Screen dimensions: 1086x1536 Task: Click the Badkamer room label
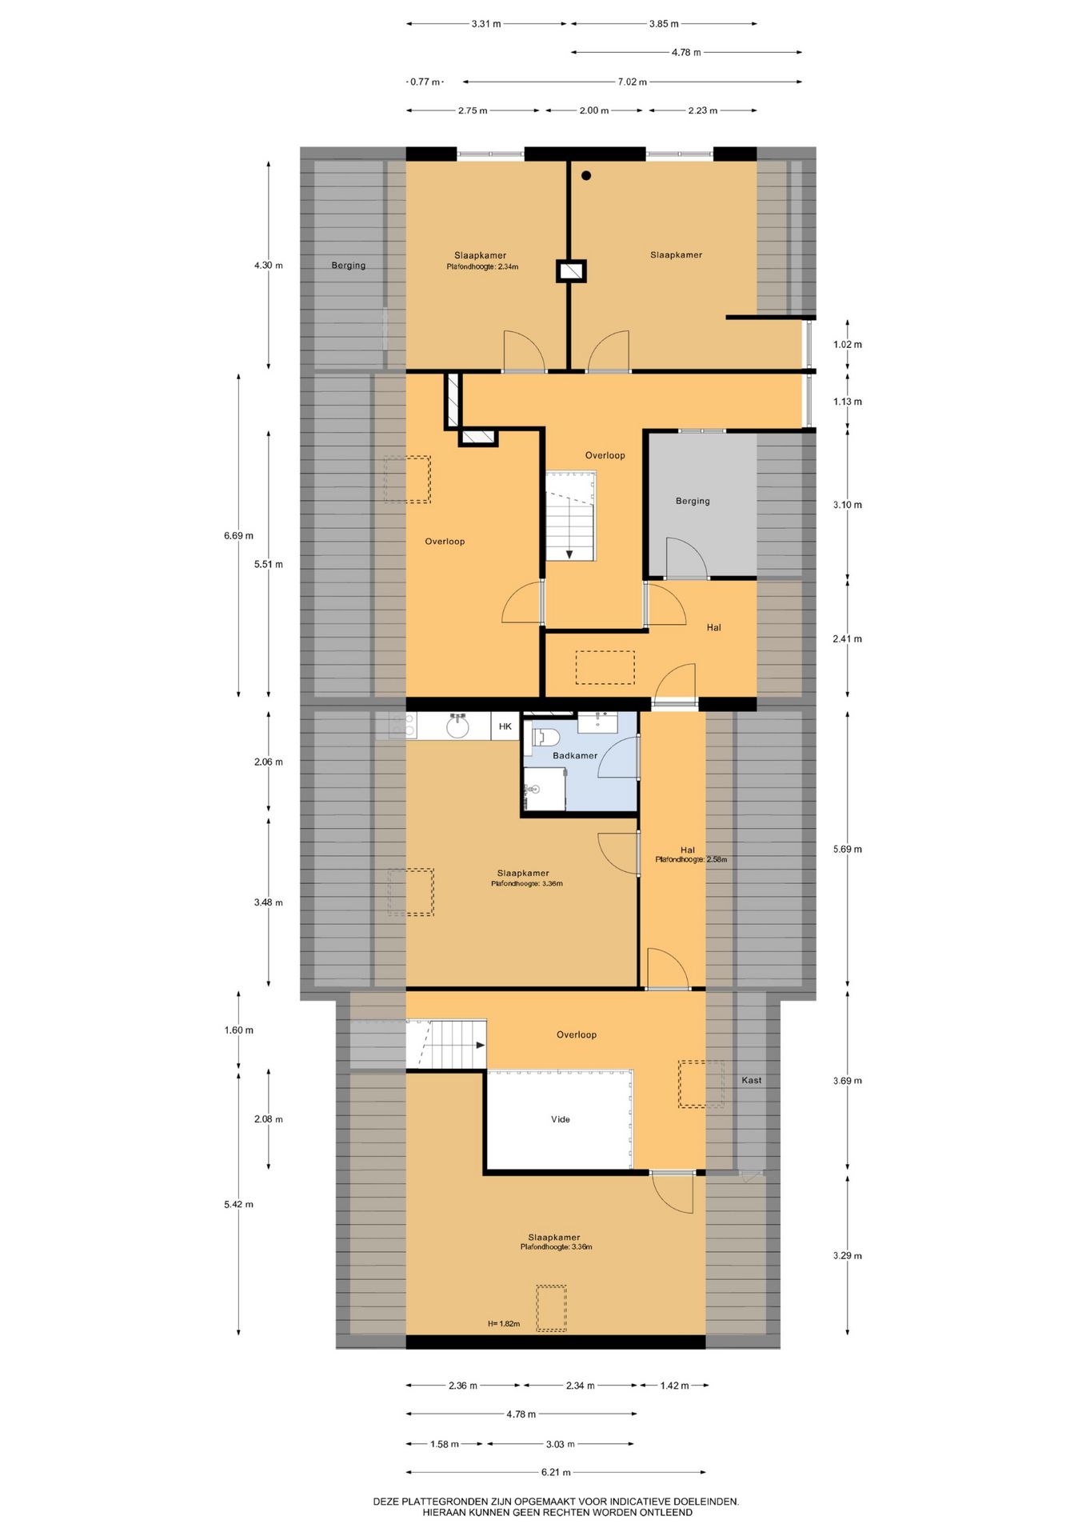(x=574, y=755)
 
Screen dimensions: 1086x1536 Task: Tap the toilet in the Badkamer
(x=544, y=737)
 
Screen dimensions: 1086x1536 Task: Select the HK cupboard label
(x=505, y=726)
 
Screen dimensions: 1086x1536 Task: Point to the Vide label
(x=560, y=1119)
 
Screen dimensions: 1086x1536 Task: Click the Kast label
(x=751, y=1080)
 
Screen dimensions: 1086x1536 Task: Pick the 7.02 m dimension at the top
(x=632, y=82)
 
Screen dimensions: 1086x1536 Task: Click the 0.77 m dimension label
(x=425, y=82)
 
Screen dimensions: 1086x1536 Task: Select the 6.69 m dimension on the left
(x=238, y=535)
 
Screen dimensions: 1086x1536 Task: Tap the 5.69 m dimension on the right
(x=847, y=849)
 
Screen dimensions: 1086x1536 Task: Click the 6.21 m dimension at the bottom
(x=556, y=1472)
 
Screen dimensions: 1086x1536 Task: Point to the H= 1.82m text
(x=504, y=1324)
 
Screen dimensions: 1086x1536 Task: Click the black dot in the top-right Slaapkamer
(x=586, y=175)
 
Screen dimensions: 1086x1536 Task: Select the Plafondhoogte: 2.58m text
(x=691, y=859)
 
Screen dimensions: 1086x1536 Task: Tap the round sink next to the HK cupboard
(x=457, y=727)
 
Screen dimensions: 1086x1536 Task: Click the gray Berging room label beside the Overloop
(x=693, y=501)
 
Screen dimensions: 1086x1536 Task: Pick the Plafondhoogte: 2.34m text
(x=482, y=266)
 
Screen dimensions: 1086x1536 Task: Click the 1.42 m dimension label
(x=674, y=1386)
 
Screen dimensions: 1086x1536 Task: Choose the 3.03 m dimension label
(x=560, y=1444)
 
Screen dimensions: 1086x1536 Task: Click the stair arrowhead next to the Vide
(x=481, y=1045)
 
